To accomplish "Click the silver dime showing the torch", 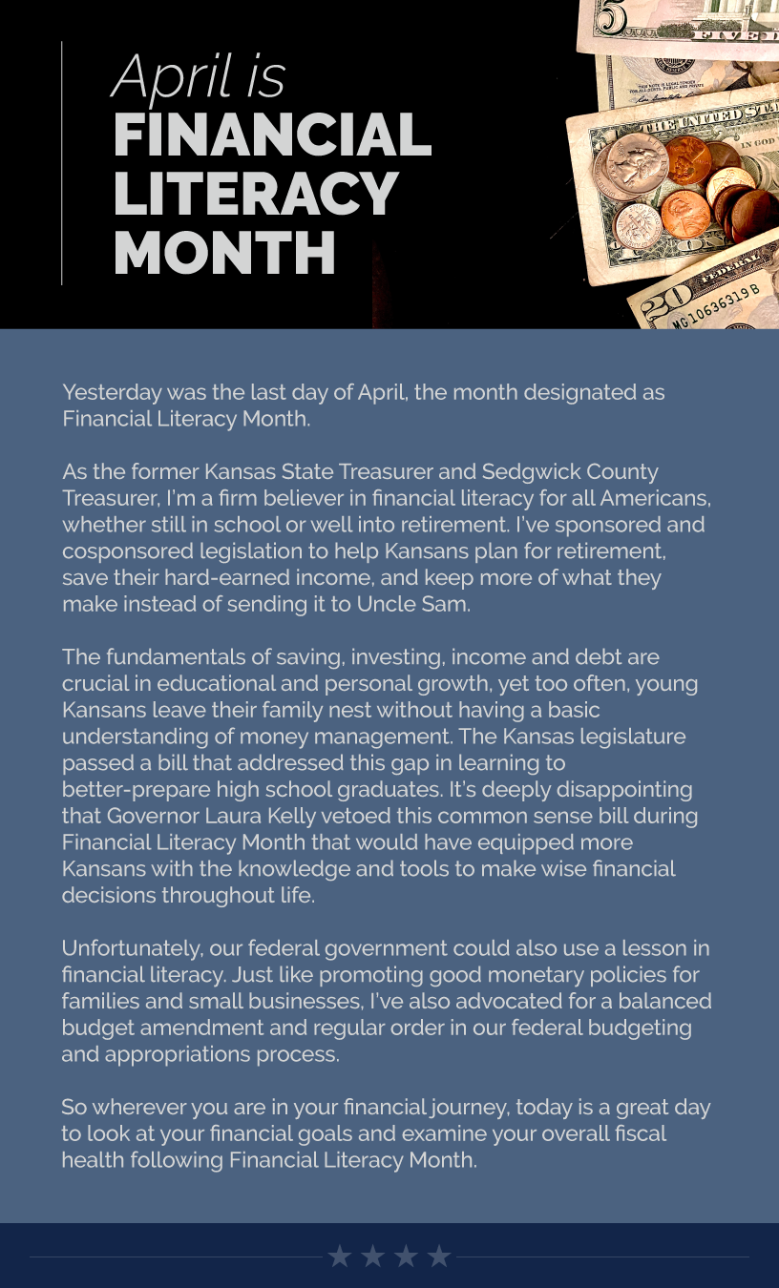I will [x=639, y=225].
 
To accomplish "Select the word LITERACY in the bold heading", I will [x=255, y=194].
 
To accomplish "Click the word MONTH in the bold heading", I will [x=224, y=253].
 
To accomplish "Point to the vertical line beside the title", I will [x=62, y=162].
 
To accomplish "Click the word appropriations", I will [x=186, y=1054].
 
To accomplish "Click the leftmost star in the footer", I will [x=340, y=1256].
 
